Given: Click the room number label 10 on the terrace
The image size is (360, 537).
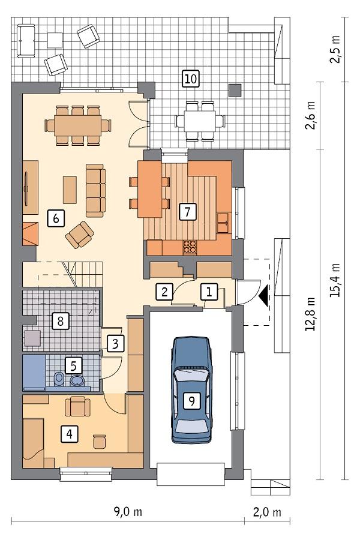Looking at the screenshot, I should pyautogui.click(x=190, y=78).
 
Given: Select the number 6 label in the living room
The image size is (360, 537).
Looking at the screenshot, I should pyautogui.click(x=55, y=218).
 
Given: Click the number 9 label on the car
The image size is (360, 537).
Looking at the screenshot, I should pyautogui.click(x=191, y=401).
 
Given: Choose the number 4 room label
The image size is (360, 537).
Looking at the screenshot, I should pyautogui.click(x=71, y=433).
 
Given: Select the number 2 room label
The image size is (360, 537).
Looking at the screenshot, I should pyautogui.click(x=163, y=292).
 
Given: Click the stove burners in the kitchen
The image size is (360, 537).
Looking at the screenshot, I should pyautogui.click(x=190, y=246).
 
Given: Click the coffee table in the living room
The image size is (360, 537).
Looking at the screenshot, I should pyautogui.click(x=70, y=189).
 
